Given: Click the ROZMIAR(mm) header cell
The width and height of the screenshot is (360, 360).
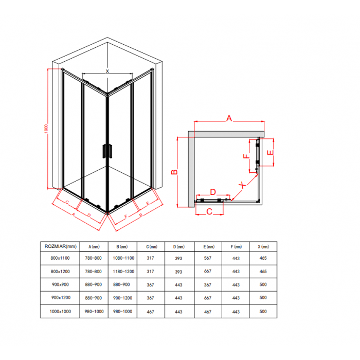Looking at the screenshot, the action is pos(60,246).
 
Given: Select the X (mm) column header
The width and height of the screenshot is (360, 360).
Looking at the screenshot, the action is pos(263,247).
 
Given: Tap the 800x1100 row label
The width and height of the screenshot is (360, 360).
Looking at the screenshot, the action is pos(60,258).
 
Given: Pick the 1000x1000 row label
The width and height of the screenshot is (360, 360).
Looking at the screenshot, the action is pos(60,312).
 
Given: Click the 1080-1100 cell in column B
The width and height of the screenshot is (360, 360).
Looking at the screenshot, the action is pos(123,258).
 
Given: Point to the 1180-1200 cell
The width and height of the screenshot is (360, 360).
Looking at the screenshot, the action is pos(123,272).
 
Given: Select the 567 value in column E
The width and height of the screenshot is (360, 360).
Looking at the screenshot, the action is pos(208,258).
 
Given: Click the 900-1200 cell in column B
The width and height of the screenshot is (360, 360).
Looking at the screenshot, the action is pos(122,298).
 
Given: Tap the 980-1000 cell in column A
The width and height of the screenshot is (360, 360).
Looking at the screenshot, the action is pos(94,312).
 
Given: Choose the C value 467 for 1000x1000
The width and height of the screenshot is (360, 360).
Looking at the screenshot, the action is pos(150,312).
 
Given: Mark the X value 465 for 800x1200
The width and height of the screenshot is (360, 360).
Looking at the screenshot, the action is pos(263,272).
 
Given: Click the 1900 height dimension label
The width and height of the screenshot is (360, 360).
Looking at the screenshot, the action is pos(46,129).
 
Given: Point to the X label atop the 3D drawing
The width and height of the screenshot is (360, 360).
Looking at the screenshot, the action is pos(107,71).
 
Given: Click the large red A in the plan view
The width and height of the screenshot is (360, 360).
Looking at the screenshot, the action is pos(229,118).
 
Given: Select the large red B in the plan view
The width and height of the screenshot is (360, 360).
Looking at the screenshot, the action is pos(174,172).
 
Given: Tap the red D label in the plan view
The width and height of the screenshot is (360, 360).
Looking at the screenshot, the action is pos(213,192).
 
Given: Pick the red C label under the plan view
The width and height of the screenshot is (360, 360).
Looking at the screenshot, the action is pos(209,211).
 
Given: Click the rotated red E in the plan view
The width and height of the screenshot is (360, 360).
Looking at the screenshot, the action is pos(271,152).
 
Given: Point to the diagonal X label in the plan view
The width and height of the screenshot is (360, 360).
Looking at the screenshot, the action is pos(242,185).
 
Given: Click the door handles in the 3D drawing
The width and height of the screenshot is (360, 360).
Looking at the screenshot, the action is pos(107,151).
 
